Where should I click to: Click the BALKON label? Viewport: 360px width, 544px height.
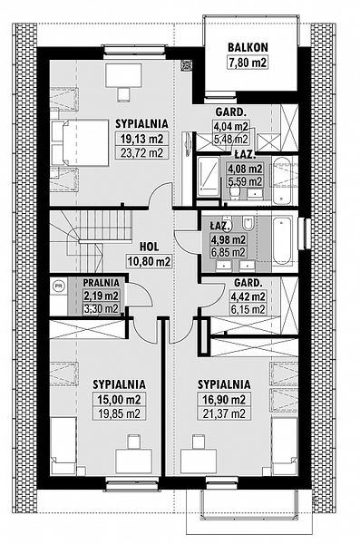click(x=248, y=47)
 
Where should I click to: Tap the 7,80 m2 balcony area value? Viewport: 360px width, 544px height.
click(x=248, y=63)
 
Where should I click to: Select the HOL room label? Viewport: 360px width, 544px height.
click(x=150, y=247)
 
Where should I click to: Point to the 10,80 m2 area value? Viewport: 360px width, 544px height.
click(x=150, y=261)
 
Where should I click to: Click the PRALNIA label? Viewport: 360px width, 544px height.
click(x=101, y=283)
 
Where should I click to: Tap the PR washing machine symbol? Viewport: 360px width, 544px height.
click(x=59, y=286)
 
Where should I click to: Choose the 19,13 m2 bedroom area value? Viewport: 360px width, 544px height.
click(x=141, y=139)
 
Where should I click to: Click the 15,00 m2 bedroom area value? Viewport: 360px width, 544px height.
click(x=119, y=400)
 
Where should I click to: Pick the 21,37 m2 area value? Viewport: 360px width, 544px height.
click(x=224, y=413)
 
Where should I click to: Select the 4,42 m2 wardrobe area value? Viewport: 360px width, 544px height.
click(x=248, y=297)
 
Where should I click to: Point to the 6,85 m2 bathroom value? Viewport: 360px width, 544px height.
click(x=228, y=252)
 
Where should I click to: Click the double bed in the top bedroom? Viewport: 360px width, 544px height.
click(x=85, y=142)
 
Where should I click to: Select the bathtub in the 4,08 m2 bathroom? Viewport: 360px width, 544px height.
click(x=281, y=180)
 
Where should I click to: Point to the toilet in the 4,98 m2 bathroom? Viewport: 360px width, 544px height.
click(x=248, y=223)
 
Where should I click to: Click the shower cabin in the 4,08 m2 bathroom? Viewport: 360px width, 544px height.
click(x=208, y=177)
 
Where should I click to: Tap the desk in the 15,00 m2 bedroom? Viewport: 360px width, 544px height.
click(x=133, y=461)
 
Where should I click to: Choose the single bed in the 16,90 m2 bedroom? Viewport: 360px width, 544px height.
click(x=285, y=446)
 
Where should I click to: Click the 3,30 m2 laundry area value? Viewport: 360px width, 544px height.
click(x=101, y=308)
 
